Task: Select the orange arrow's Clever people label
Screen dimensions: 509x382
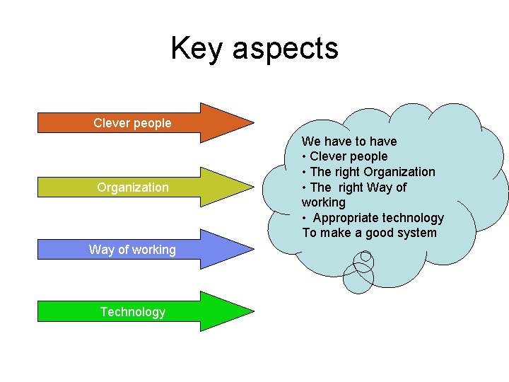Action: pos(132,123)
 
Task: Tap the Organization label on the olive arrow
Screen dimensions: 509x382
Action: pos(133,187)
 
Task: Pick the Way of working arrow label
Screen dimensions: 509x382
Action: pos(132,249)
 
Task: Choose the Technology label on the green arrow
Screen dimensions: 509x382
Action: pos(132,312)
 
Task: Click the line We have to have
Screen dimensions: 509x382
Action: pos(349,141)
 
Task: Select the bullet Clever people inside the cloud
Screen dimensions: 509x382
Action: pos(349,156)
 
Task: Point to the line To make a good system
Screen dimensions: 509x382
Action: pos(369,233)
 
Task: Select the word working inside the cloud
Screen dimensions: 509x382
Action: pos(324,202)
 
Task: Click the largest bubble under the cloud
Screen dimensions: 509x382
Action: pos(358,279)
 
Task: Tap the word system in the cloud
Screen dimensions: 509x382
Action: pos(417,233)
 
